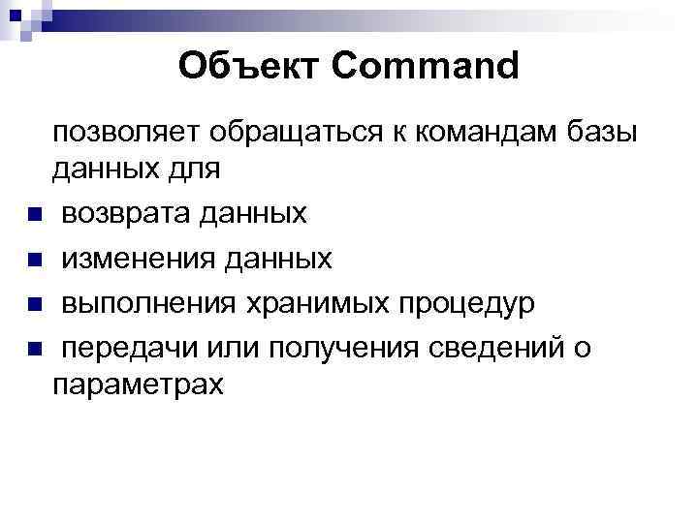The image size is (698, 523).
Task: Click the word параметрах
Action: click(139, 385)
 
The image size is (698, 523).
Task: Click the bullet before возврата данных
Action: click(34, 214)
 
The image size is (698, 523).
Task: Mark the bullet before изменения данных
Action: click(34, 260)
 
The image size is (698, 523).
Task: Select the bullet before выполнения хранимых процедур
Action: click(34, 305)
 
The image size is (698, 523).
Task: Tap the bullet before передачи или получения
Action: click(34, 350)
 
